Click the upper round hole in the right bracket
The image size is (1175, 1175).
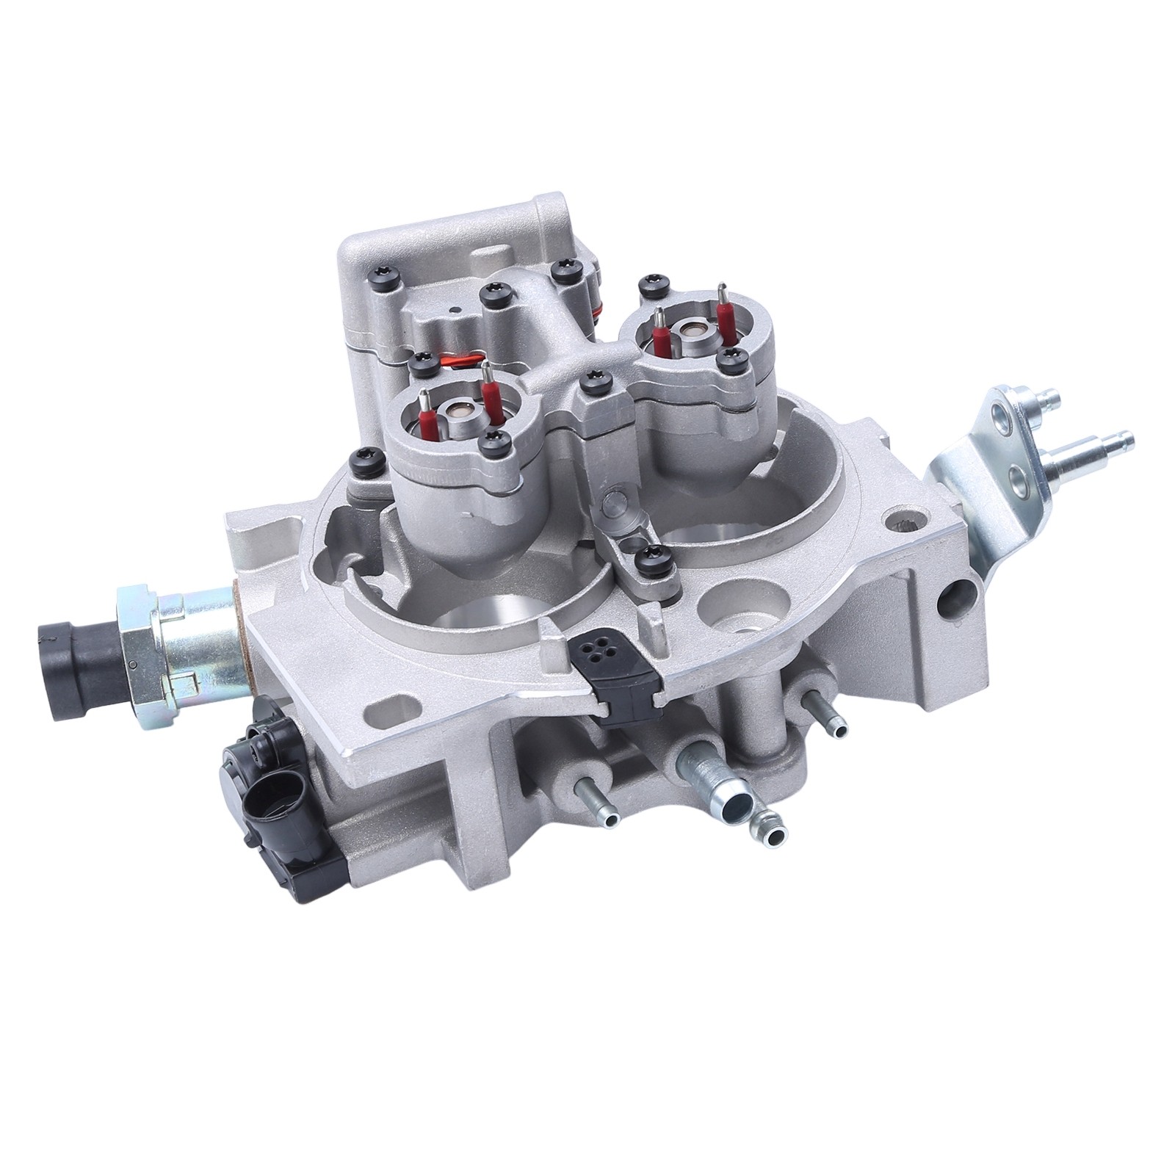coord(1010,424)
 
